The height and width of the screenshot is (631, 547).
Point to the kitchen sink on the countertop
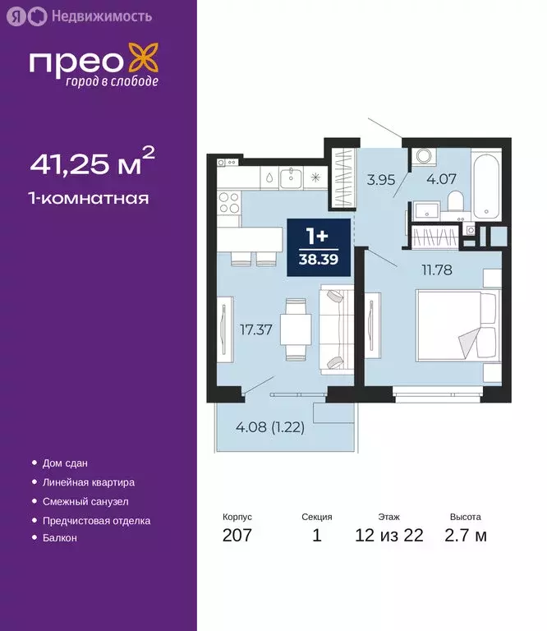pyautogui.click(x=290, y=176)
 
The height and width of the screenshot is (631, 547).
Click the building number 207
pyautogui.click(x=237, y=537)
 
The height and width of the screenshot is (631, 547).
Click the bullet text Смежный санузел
pyautogui.click(x=86, y=501)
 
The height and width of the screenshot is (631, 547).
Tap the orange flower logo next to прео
pyautogui.click(x=145, y=62)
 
